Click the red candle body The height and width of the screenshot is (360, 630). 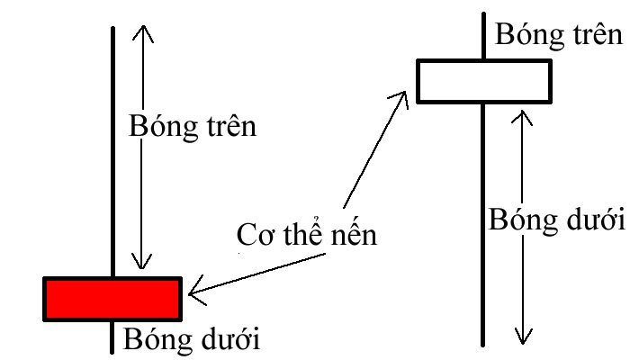(112, 299)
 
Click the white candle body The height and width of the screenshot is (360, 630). (483, 81)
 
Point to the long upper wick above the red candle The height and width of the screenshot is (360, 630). (112, 153)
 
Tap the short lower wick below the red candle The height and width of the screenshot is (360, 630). (112, 335)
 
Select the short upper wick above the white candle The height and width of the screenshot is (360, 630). (484, 36)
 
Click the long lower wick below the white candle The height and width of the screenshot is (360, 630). (484, 225)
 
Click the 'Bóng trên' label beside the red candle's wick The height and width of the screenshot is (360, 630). (193, 126)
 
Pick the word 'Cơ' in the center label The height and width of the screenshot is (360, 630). (256, 237)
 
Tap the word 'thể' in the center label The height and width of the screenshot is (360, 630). (301, 237)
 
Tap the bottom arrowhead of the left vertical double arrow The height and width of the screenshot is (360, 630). (142, 263)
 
